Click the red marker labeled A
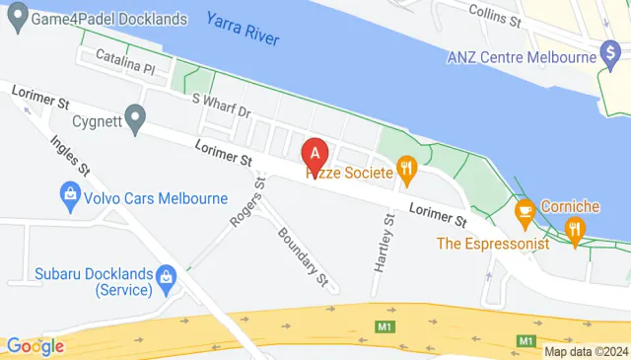pyautogui.click(x=315, y=155)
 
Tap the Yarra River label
pyautogui.click(x=244, y=30)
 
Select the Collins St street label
pyautogui.click(x=495, y=14)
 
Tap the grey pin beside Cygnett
pyautogui.click(x=132, y=114)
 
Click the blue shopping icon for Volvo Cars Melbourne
pyautogui.click(x=70, y=196)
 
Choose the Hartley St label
pyautogui.click(x=384, y=243)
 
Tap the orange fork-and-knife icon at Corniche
pyautogui.click(x=575, y=230)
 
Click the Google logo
pyautogui.click(x=35, y=345)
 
